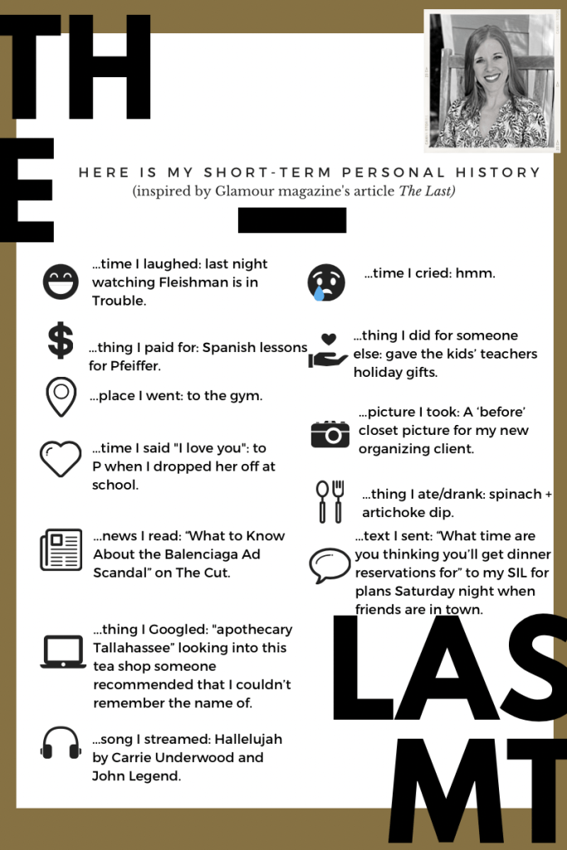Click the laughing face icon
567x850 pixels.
click(61, 282)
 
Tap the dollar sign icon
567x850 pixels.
click(60, 341)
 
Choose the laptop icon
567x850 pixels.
click(63, 652)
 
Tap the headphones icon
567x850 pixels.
click(61, 742)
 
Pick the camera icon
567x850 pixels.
click(330, 433)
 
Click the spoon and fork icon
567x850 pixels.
click(329, 501)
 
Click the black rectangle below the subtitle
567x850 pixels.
click(291, 220)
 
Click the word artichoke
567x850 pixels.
click(393, 512)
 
